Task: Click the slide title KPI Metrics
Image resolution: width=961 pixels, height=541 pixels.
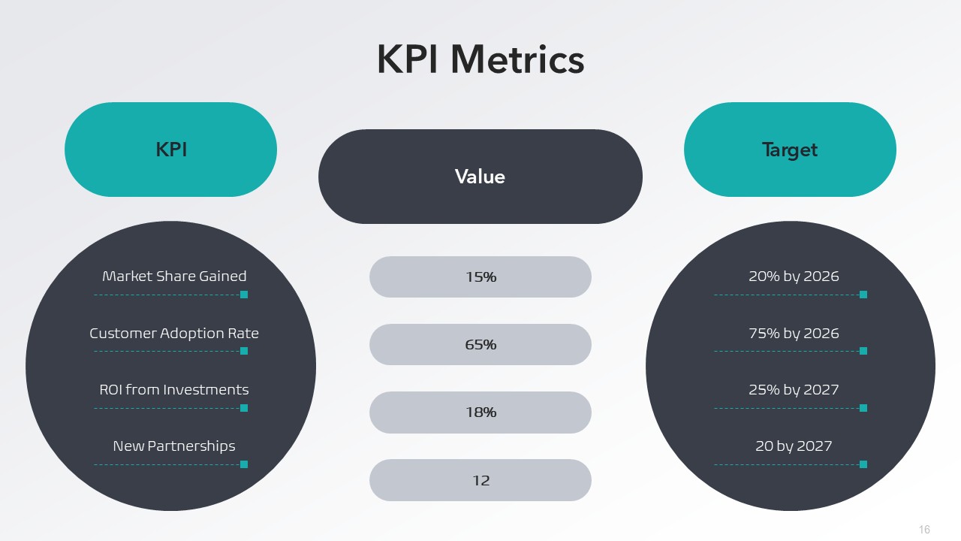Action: pyautogui.click(x=480, y=59)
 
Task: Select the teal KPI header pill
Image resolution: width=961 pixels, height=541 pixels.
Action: pyautogui.click(x=170, y=150)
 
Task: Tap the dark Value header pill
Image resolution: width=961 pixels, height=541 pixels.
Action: pyautogui.click(x=480, y=177)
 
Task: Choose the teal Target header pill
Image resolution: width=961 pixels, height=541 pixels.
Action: pyautogui.click(x=790, y=150)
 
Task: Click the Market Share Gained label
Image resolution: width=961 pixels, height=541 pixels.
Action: pyautogui.click(x=174, y=277)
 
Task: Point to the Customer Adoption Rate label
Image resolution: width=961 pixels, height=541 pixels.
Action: pyautogui.click(x=174, y=333)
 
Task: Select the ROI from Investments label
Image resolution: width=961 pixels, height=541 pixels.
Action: pyautogui.click(x=174, y=390)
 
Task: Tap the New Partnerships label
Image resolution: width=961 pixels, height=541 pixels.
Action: pyautogui.click(x=174, y=446)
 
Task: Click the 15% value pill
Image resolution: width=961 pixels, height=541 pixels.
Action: pyautogui.click(x=480, y=277)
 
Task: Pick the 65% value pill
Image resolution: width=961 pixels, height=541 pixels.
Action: pyautogui.click(x=480, y=345)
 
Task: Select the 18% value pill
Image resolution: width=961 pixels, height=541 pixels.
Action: pyautogui.click(x=480, y=413)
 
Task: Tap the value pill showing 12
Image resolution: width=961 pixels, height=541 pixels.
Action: pyautogui.click(x=480, y=480)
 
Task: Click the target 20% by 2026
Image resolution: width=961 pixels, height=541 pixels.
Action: pyautogui.click(x=794, y=277)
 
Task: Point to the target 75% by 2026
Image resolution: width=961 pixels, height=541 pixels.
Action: pyautogui.click(x=794, y=333)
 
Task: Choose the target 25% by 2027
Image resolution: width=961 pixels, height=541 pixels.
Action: pyautogui.click(x=794, y=390)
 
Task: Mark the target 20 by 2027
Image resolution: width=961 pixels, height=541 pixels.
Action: pyautogui.click(x=794, y=446)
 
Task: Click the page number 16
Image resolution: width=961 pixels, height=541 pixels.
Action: pyautogui.click(x=924, y=530)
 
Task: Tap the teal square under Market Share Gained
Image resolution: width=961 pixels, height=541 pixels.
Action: pyautogui.click(x=244, y=295)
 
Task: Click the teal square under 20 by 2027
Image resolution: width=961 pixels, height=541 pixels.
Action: pyautogui.click(x=863, y=464)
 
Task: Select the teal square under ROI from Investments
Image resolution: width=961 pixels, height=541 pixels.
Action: pyautogui.click(x=244, y=408)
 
